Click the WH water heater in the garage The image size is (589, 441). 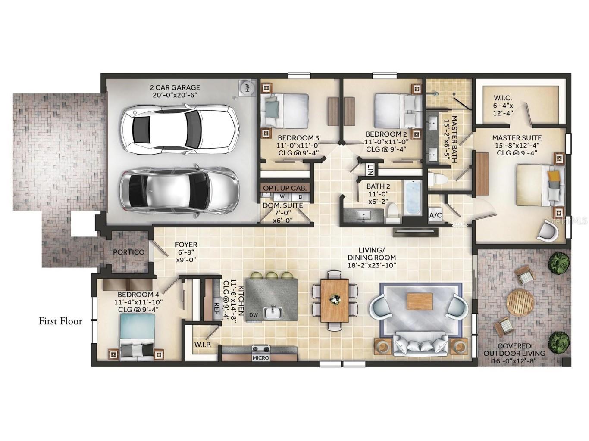246,87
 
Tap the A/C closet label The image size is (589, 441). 435,215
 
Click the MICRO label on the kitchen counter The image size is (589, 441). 261,358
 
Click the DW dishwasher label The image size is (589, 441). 254,315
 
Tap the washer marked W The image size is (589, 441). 282,196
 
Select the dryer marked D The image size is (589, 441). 301,197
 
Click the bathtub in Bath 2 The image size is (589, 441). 413,199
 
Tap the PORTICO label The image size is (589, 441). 129,252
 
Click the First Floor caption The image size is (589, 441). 60,321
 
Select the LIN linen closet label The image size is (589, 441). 370,170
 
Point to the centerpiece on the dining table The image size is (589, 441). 335,298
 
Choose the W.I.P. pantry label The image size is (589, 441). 203,345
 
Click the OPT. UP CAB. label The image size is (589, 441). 285,188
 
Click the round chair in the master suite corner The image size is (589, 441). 548,231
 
